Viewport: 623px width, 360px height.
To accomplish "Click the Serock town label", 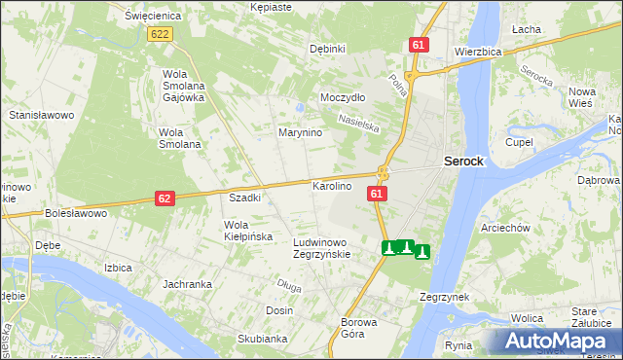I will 463,162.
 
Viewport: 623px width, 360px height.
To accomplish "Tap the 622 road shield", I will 161,34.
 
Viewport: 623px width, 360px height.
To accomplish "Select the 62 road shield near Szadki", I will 165,198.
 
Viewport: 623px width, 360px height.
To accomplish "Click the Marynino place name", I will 300,132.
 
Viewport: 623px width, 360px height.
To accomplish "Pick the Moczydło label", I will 343,98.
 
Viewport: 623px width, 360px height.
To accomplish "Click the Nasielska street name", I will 357,122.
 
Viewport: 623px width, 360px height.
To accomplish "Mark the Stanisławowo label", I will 42,115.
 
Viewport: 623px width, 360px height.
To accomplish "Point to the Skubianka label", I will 262,339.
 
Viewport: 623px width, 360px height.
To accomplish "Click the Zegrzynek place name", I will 445,296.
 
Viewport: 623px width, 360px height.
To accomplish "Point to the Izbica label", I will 118,266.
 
